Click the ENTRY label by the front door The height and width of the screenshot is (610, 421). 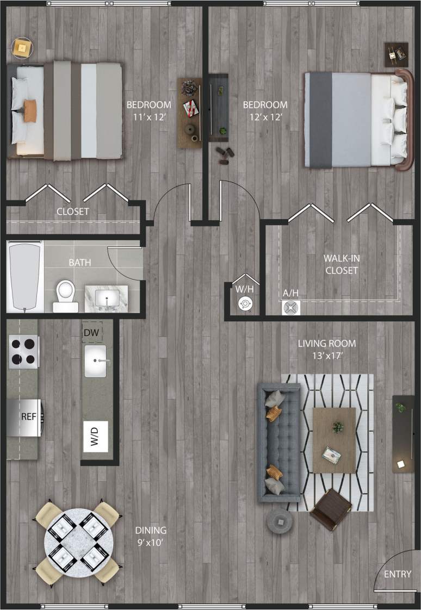[x=398, y=574]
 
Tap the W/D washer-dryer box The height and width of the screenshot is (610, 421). [x=95, y=436]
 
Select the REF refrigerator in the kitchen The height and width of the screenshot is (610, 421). [x=25, y=417]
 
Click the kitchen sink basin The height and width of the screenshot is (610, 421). [x=95, y=361]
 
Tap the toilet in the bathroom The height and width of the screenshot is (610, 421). [x=66, y=294]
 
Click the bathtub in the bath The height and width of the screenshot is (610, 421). [x=25, y=277]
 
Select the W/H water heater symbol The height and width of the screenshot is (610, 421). [x=244, y=304]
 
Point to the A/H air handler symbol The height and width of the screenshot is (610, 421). [x=291, y=308]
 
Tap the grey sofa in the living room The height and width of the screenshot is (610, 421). [x=279, y=443]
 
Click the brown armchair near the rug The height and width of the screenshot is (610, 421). [x=330, y=509]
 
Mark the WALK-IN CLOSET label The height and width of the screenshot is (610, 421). [x=341, y=265]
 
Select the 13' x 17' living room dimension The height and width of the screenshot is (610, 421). [x=326, y=357]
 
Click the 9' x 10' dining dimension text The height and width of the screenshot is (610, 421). [x=151, y=541]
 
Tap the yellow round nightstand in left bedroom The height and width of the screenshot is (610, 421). [x=22, y=48]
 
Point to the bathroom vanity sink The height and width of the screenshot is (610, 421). [x=107, y=298]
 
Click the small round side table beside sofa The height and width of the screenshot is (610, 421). [x=279, y=521]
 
